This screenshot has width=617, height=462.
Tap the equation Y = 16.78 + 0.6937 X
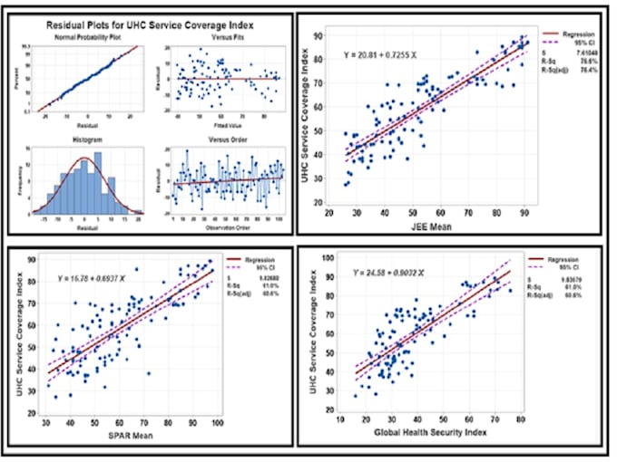(x=102, y=277)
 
